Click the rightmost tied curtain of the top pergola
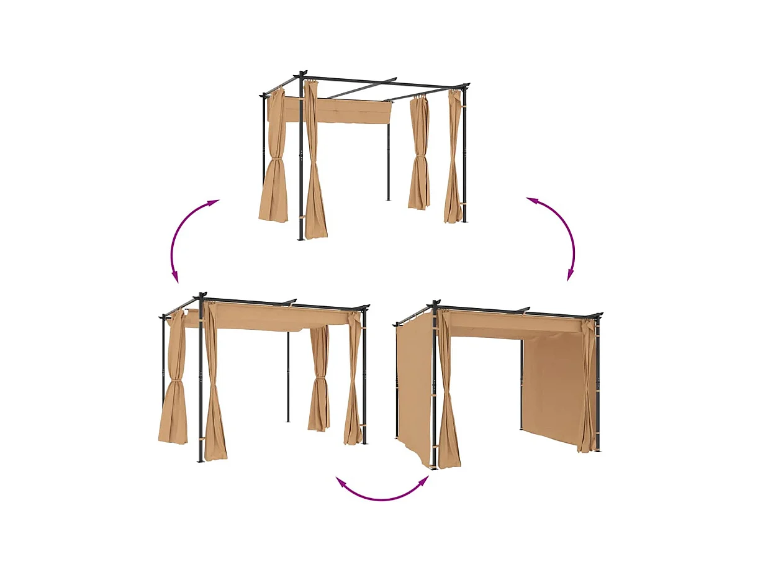coord(453,161)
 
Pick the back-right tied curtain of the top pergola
coord(418,155)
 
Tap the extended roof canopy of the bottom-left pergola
coord(279,317)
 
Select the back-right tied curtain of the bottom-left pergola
coord(319,379)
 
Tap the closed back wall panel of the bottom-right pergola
coord(553,385)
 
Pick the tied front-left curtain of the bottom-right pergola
coord(448,397)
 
